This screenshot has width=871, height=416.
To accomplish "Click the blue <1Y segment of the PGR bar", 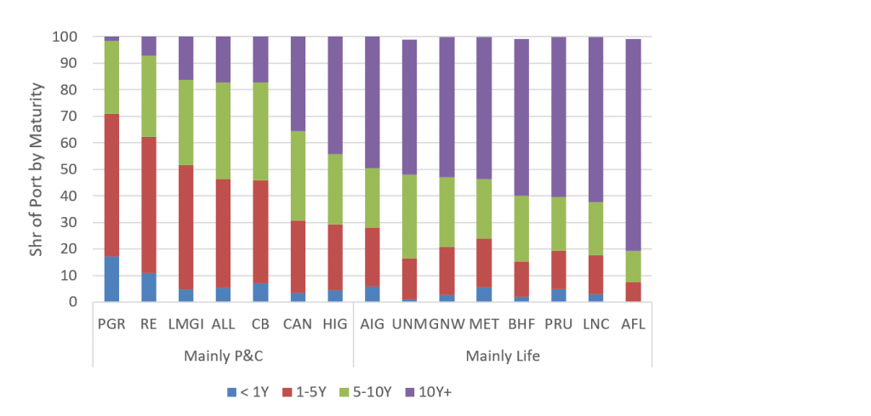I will [111, 279].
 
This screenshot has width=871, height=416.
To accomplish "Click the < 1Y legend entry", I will [250, 391].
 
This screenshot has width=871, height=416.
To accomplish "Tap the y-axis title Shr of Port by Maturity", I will [36, 169].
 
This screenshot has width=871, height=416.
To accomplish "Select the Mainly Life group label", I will [502, 356].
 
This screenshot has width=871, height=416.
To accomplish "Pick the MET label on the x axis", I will [484, 322].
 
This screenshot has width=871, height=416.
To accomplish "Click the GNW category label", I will [447, 322].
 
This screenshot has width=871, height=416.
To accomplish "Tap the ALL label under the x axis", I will [223, 322].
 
